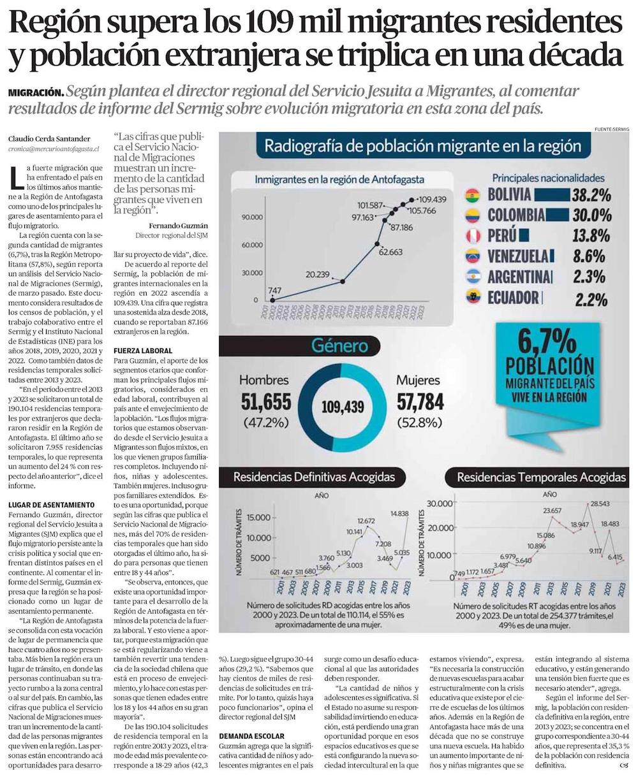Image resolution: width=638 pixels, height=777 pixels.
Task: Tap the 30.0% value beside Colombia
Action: click(591, 215)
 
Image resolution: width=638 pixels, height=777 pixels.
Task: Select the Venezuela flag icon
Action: click(472, 256)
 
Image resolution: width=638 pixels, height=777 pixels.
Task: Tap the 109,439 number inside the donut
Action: click(343, 407)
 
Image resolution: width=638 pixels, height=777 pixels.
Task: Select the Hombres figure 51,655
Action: click(265, 401)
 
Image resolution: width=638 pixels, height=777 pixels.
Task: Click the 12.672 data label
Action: click(366, 522)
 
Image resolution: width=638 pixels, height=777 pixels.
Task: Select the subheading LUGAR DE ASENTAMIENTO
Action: click(52, 505)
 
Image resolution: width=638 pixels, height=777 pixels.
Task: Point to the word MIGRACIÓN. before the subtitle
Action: click(36, 92)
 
